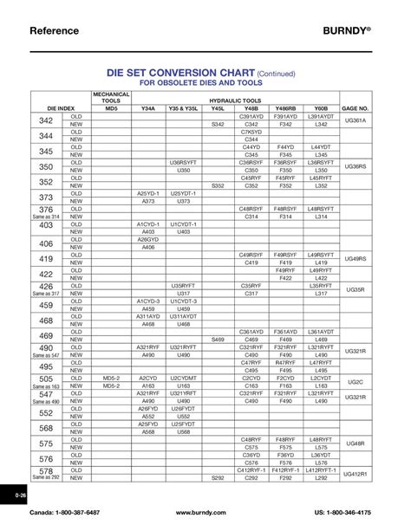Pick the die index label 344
click(47, 135)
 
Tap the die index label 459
click(47, 305)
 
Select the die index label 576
click(47, 459)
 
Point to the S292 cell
click(218, 477)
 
